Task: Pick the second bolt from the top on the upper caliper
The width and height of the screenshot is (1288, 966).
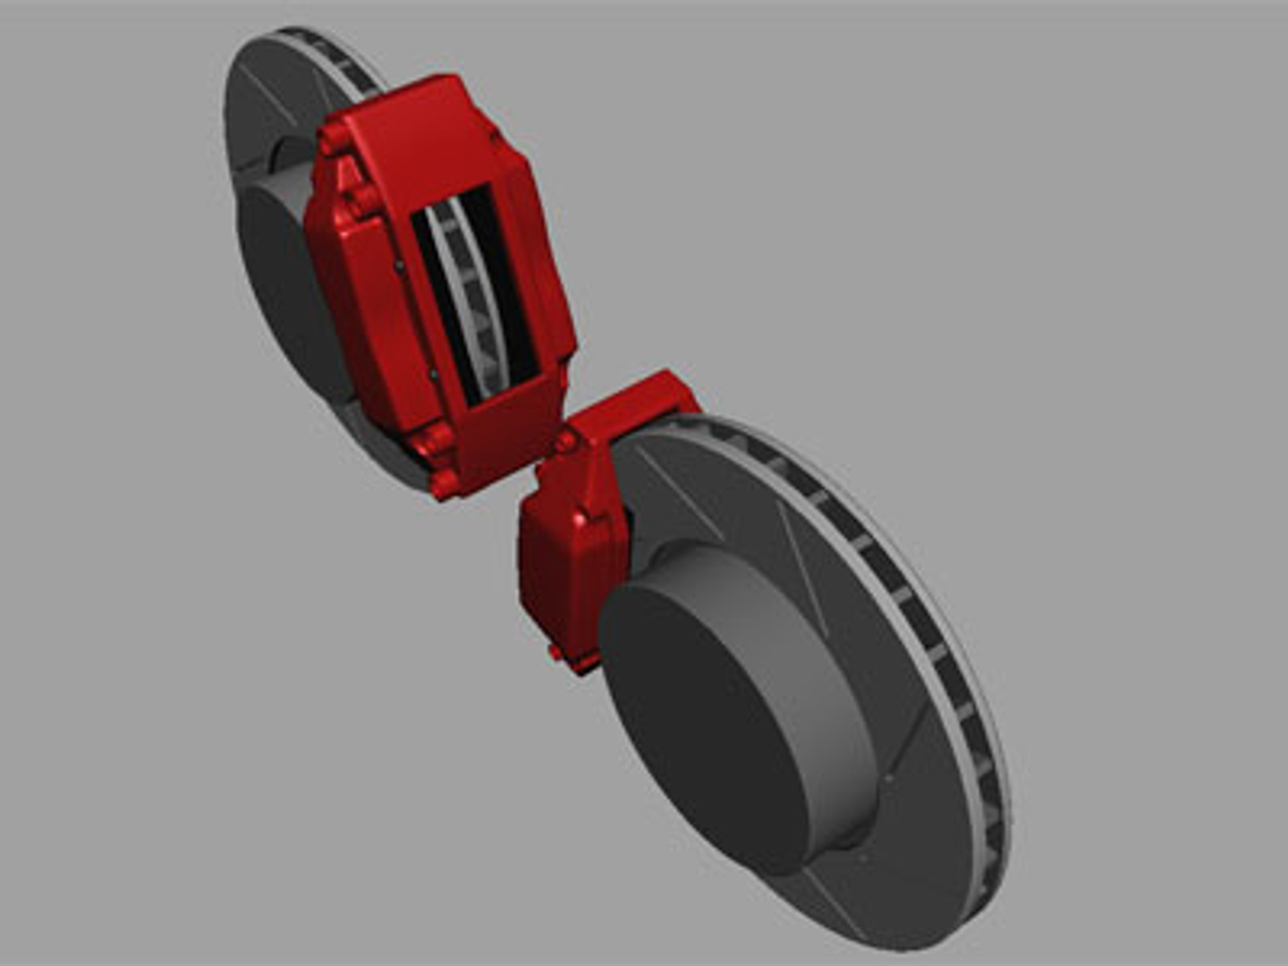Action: pyautogui.click(x=362, y=200)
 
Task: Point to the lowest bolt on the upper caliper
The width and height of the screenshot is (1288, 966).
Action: pyautogui.click(x=445, y=483)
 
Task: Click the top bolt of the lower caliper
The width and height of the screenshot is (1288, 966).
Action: pyautogui.click(x=566, y=441)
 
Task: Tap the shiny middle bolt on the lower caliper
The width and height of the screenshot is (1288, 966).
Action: pyautogui.click(x=583, y=519)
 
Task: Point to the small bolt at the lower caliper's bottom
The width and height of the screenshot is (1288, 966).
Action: pyautogui.click(x=555, y=652)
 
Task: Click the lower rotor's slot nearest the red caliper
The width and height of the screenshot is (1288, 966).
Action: pyautogui.click(x=680, y=496)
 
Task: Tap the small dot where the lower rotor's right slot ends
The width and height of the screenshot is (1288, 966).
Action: pyautogui.click(x=887, y=778)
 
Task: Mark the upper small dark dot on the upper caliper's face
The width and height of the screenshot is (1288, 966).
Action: pyautogui.click(x=398, y=265)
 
